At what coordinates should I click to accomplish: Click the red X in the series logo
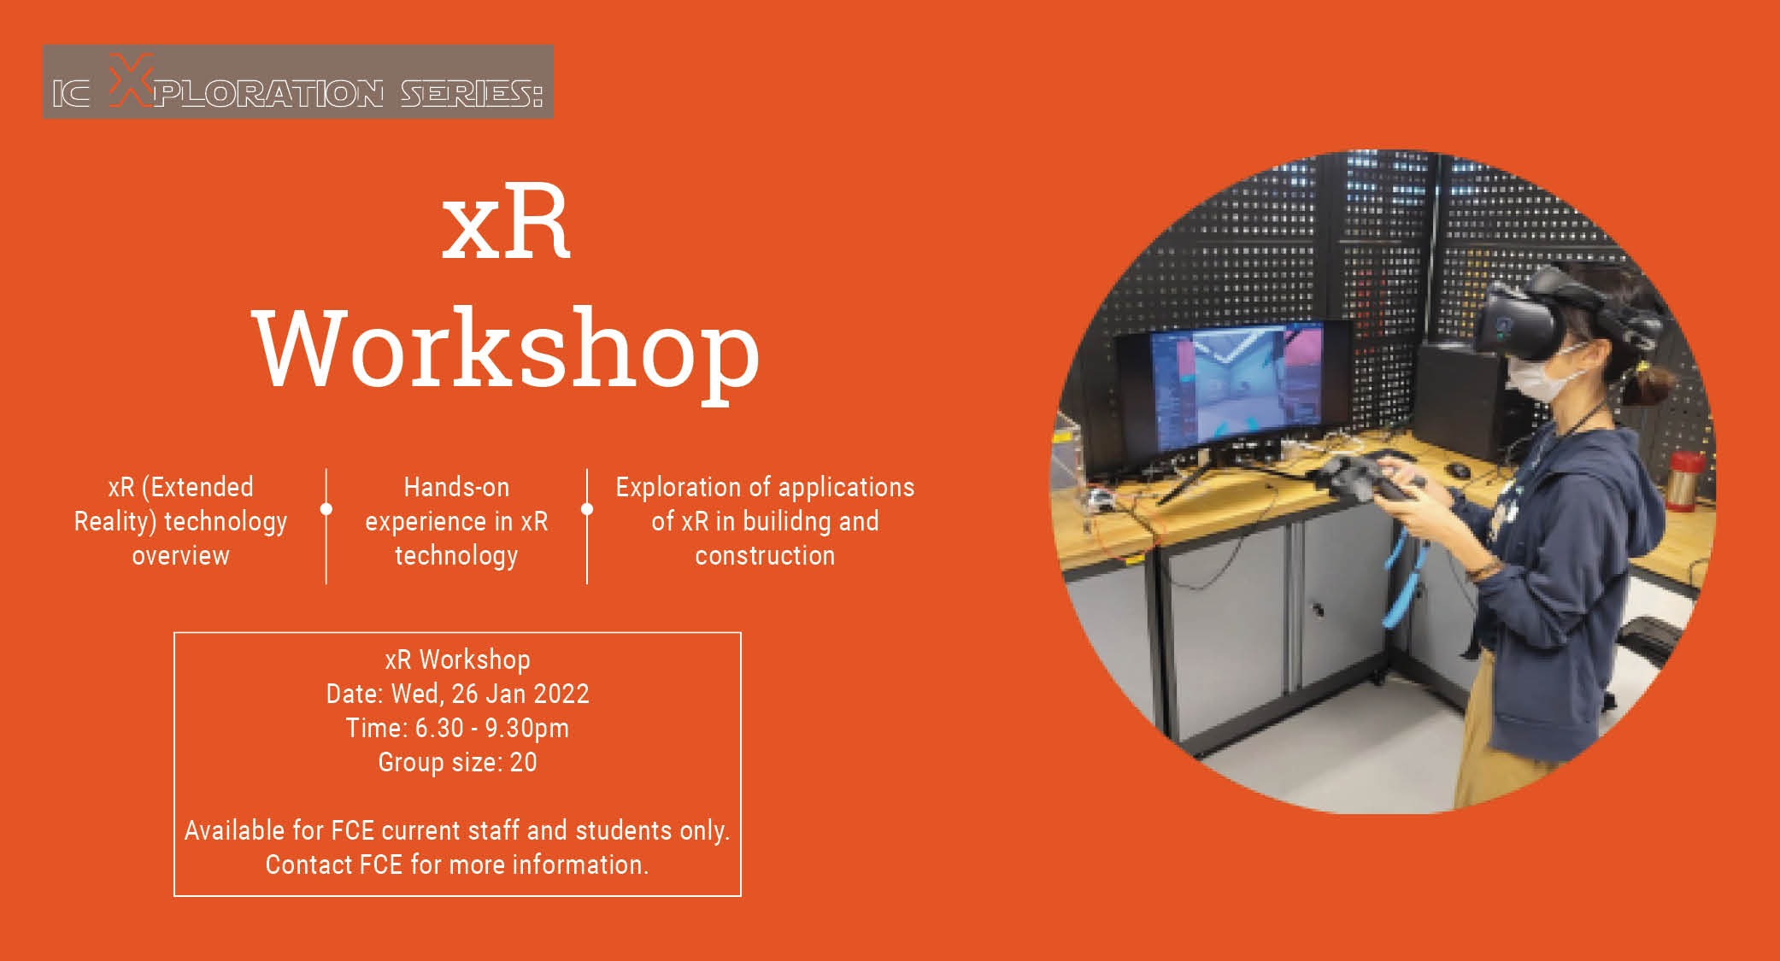point(131,81)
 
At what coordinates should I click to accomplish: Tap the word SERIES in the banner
point(471,93)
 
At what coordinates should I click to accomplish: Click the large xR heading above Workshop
point(506,224)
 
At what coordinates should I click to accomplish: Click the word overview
point(180,556)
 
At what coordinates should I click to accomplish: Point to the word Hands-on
point(456,488)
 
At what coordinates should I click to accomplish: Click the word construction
point(765,556)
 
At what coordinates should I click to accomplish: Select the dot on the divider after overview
point(326,509)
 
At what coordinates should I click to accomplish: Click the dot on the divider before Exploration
point(587,509)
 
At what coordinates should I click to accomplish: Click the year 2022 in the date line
point(561,694)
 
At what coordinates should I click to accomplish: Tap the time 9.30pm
point(526,729)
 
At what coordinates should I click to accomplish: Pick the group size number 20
point(523,762)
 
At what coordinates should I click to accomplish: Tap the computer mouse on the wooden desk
point(1459,471)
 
